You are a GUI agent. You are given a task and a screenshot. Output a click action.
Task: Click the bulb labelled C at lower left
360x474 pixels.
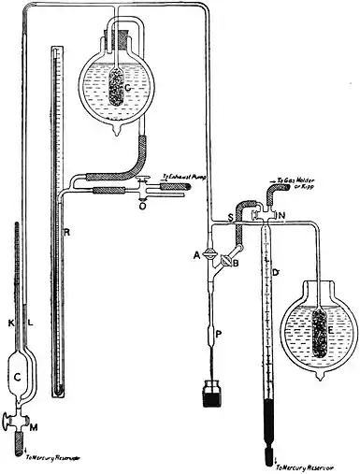(19, 376)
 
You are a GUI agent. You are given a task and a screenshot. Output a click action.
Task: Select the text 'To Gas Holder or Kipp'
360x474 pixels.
(295, 191)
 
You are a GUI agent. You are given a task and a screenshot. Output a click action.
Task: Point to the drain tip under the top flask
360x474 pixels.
(118, 133)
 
